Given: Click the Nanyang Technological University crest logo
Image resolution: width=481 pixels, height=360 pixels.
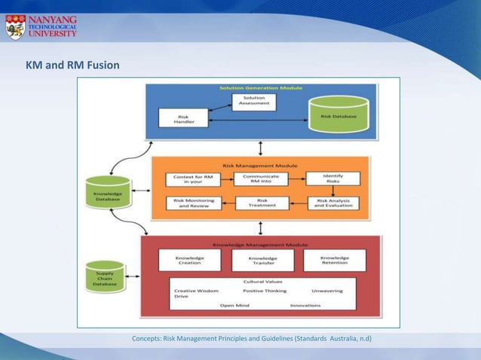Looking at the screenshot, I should [15, 26].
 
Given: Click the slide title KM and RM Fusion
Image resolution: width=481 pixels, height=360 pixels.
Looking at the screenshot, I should [72, 66].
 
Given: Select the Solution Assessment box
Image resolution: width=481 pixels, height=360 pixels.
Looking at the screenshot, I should [253, 101].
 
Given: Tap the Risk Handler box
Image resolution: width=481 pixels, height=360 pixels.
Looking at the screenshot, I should [182, 118].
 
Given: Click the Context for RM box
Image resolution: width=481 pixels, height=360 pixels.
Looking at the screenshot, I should [192, 179].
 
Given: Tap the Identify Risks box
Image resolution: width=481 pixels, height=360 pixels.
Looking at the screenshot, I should [332, 178].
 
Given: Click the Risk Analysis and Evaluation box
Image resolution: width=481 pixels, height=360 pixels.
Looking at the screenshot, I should [333, 203].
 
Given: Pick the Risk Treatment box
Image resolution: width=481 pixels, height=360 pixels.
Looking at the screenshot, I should [262, 203].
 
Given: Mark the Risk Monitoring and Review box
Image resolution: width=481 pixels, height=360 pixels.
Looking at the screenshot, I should [193, 203].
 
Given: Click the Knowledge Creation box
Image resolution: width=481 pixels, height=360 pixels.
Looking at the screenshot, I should [189, 260].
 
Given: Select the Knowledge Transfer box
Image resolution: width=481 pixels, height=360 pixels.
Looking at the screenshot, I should [262, 261].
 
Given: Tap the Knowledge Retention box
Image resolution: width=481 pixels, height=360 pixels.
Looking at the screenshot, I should [335, 260].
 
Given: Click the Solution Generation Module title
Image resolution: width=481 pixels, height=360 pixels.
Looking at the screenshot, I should [261, 88].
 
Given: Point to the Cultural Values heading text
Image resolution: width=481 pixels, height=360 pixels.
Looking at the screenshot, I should [262, 282].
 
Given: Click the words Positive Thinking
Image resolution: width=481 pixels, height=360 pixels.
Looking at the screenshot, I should [264, 291].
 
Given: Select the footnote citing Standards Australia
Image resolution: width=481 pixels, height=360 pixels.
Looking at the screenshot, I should [252, 338].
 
